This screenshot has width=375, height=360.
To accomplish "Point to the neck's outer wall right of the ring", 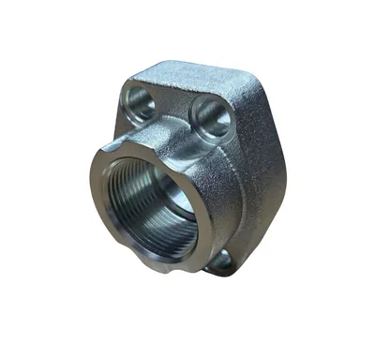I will (x=220, y=187).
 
